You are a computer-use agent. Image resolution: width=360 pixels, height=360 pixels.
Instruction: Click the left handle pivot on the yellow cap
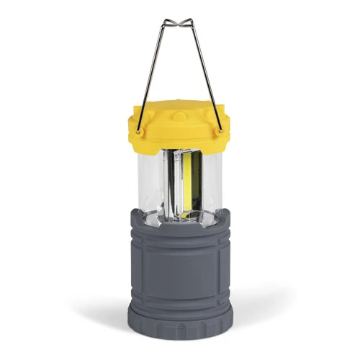(x=139, y=129)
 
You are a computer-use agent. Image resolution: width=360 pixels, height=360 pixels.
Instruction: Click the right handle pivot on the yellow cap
(x=219, y=129)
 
